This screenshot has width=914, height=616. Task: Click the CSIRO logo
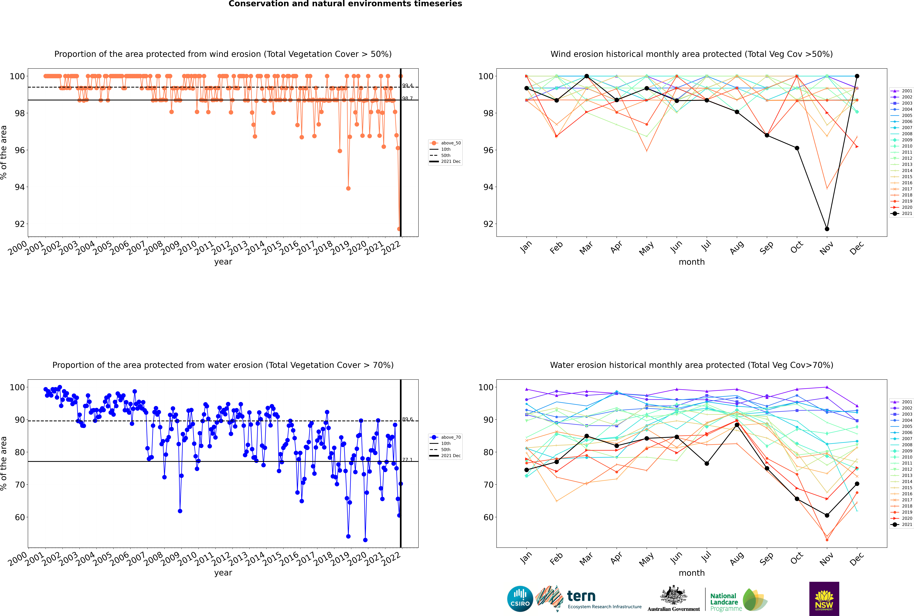click(x=520, y=599)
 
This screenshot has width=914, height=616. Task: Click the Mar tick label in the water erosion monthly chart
click(x=586, y=559)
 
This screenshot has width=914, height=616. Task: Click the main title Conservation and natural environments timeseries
click(x=345, y=4)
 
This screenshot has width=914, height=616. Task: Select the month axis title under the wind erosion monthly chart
click(x=692, y=262)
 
